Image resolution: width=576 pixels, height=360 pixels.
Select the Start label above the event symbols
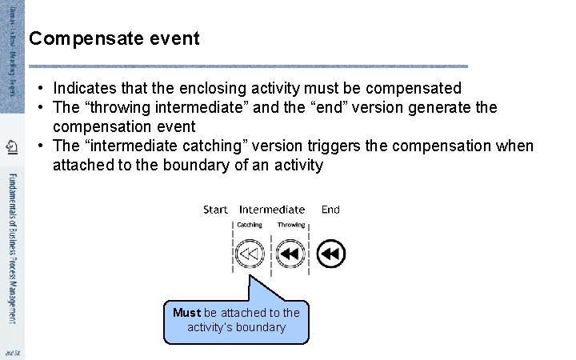pos(215,210)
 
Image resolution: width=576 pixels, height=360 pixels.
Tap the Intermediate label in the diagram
pos(272,210)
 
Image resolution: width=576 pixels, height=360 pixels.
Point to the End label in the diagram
pos(330,210)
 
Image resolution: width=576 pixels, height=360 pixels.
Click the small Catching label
pos(250,225)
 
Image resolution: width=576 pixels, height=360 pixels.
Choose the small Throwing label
pos(291,225)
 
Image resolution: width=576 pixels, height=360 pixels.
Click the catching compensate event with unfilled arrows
pos(250,254)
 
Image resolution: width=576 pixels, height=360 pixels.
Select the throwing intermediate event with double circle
pos(290,254)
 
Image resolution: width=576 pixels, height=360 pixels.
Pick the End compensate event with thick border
pos(330,254)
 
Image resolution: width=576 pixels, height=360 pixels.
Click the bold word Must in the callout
pos(186,313)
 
